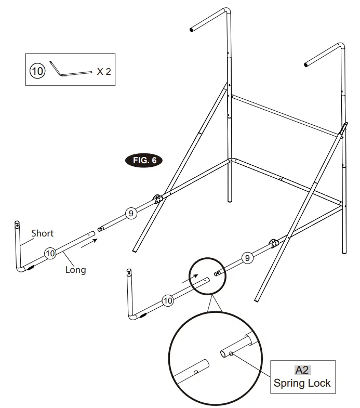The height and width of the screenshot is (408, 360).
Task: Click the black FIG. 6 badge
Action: point(144,160)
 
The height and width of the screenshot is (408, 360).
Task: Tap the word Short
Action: point(42,233)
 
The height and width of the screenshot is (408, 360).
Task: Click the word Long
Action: point(75,270)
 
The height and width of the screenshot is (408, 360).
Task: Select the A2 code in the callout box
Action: point(302,370)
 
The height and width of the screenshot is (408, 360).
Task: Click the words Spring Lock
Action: point(302,384)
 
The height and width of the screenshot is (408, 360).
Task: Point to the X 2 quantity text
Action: point(103,72)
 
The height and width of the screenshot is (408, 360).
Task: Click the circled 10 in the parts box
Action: point(37,71)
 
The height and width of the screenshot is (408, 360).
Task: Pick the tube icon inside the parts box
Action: point(72,70)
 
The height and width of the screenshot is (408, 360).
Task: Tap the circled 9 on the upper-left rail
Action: point(131,213)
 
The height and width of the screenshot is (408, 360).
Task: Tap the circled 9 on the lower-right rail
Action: point(247,257)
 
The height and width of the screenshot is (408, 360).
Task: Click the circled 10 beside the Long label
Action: point(50,253)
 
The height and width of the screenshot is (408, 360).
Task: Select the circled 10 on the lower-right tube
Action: point(167,300)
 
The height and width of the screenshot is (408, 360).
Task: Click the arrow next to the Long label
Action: point(89,240)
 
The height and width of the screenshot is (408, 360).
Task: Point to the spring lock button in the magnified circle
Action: point(231,354)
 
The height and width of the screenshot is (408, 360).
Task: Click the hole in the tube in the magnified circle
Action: point(196,372)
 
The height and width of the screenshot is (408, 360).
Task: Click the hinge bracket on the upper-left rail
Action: point(157,198)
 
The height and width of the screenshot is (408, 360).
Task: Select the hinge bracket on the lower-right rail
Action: point(273,243)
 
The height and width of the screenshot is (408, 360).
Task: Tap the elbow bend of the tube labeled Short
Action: point(21,268)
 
